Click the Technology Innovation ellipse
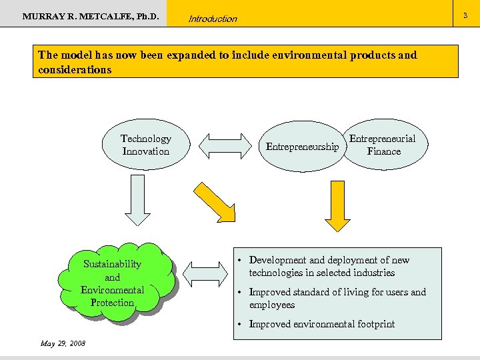145,145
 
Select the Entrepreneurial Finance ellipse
383,145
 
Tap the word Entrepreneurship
302,147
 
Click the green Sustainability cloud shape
113,283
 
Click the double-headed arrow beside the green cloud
205,274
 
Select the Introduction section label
213,19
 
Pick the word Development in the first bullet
277,260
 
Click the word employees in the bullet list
272,305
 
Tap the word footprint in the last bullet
373,324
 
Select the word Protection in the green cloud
113,303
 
